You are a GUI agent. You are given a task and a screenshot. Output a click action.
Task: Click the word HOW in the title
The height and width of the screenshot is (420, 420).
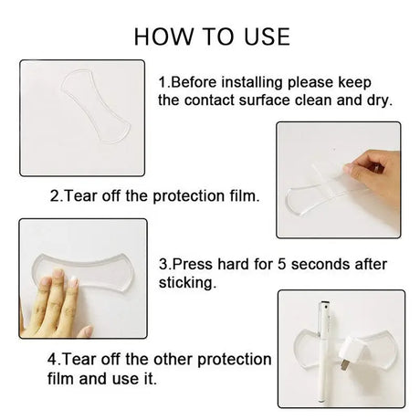pos(163,37)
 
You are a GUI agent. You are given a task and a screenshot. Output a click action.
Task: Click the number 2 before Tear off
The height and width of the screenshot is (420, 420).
pos(55,195)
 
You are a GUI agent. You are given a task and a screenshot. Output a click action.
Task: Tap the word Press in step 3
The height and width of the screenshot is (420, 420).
pos(193,264)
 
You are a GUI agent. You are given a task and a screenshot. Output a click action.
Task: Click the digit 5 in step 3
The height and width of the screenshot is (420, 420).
pos(281,264)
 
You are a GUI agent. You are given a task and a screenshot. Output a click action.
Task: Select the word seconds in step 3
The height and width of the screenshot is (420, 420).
pos(320,264)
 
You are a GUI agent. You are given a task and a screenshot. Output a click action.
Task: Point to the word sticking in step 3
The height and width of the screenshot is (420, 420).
pos(187,283)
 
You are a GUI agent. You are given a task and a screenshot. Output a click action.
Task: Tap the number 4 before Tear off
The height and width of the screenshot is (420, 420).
pos(52,360)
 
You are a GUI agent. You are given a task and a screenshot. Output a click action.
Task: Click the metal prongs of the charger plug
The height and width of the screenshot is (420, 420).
pos(343,365)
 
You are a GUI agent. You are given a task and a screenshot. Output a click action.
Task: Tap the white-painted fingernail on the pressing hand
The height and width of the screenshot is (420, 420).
pos(74,281)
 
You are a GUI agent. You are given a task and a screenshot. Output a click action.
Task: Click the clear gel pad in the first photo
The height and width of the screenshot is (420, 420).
pos(96,106)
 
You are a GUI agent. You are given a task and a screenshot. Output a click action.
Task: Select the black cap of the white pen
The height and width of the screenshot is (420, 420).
pos(325,304)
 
